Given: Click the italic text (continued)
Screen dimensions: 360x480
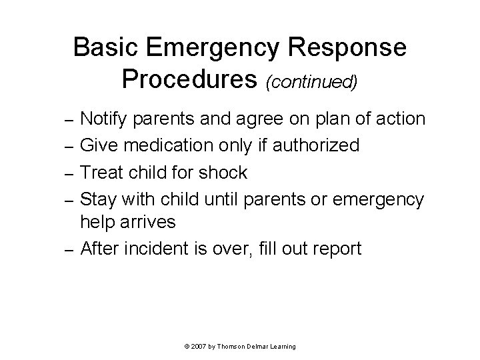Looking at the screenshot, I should point(312,83).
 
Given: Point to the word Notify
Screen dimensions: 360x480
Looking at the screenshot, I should point(105,119).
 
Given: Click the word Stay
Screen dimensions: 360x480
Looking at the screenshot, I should point(97,200).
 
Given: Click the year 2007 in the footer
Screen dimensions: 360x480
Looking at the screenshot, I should point(198,347).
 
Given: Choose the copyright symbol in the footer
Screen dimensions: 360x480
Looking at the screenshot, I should point(185,347).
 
